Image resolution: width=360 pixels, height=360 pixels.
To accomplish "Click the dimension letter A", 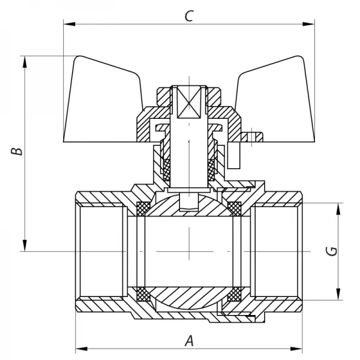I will pyautogui.click(x=189, y=340).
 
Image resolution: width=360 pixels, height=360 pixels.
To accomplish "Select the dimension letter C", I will pyautogui.click(x=188, y=16).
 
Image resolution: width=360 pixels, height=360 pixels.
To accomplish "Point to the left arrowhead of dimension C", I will pyautogui.click(x=68, y=25).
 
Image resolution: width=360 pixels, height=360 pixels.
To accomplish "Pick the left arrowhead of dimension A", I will pyautogui.click(x=80, y=348).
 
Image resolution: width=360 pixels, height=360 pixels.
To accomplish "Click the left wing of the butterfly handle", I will pyautogui.click(x=102, y=99).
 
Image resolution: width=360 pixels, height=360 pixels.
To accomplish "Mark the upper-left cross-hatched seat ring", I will pyautogui.click(x=144, y=208).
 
